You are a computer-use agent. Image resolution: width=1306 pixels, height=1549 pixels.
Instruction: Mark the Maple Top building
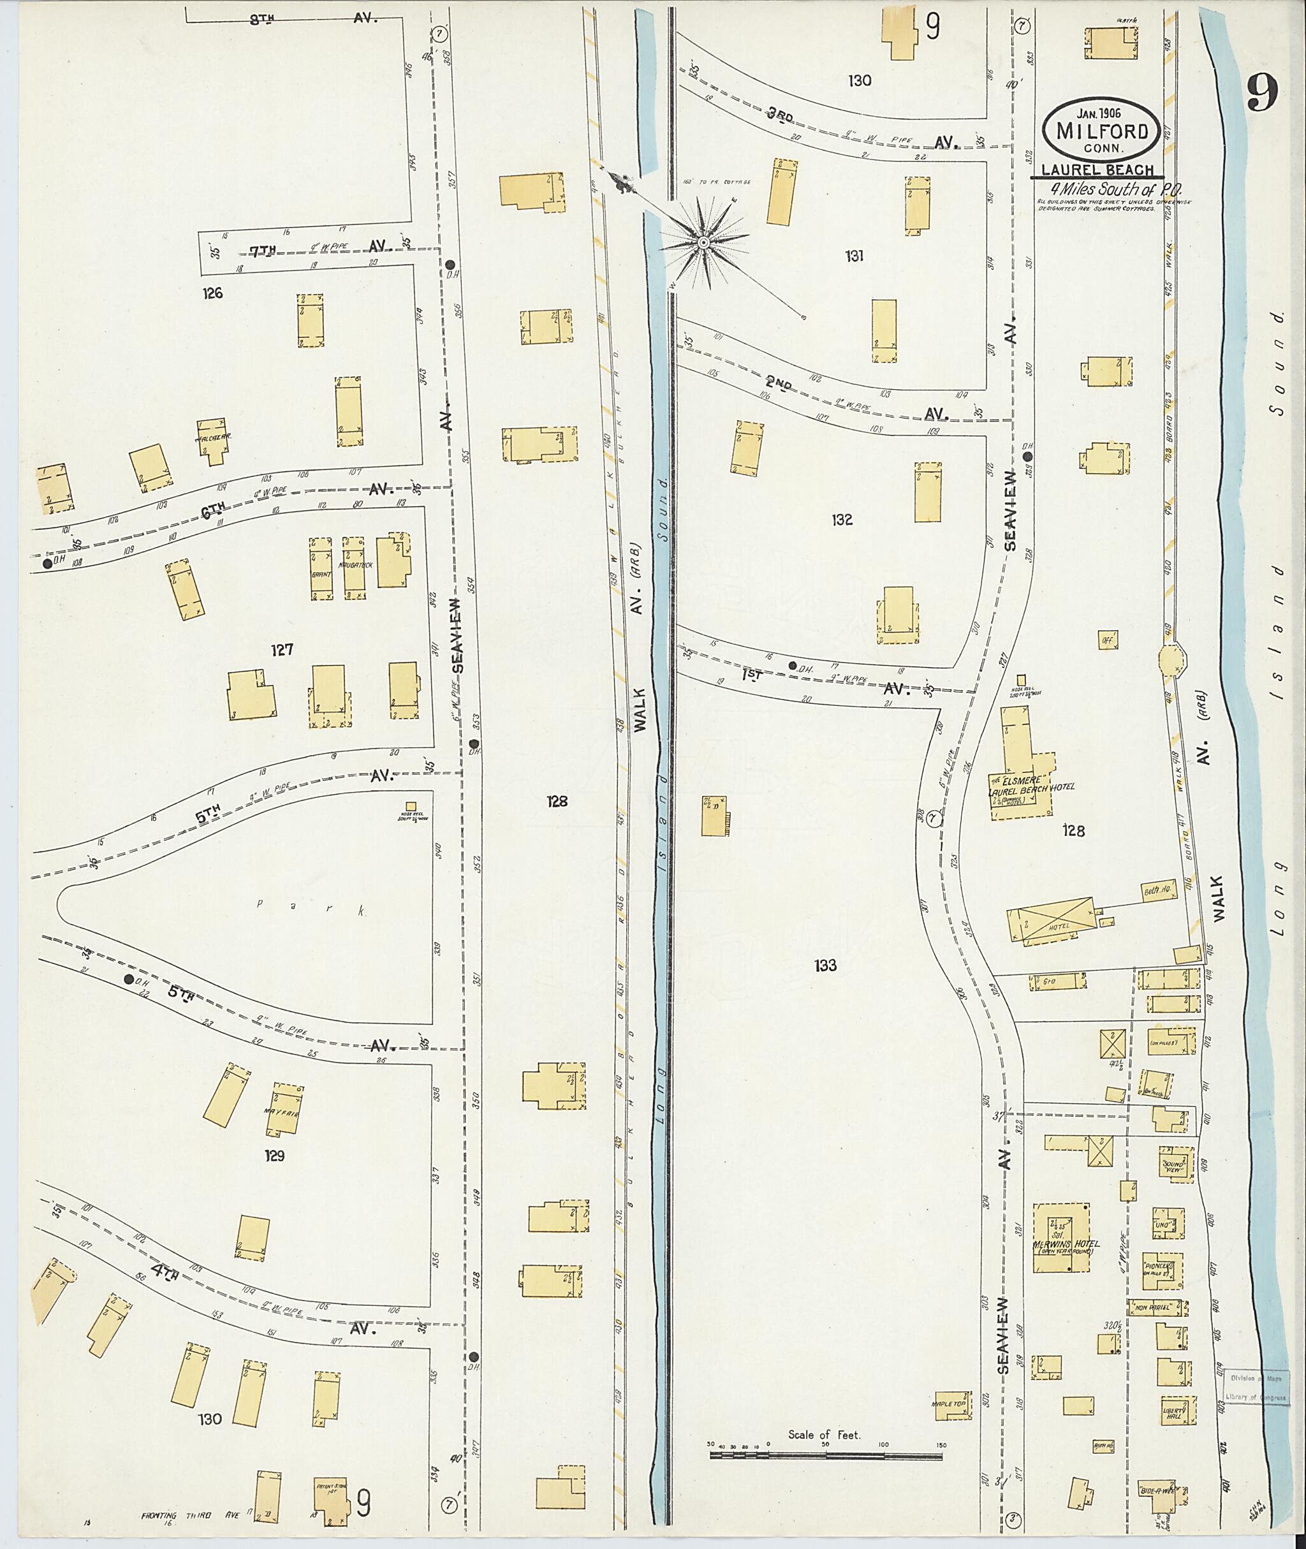point(952,1405)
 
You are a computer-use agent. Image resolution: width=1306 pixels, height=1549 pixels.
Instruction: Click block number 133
point(824,965)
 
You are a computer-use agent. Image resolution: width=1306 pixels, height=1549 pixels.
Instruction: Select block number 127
point(281,650)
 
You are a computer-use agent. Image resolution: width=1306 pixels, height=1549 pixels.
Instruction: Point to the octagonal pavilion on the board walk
point(1171,658)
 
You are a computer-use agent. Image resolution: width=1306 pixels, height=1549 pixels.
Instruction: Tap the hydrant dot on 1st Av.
point(792,665)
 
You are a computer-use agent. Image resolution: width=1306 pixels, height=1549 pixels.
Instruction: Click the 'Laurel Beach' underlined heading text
point(1097,170)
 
